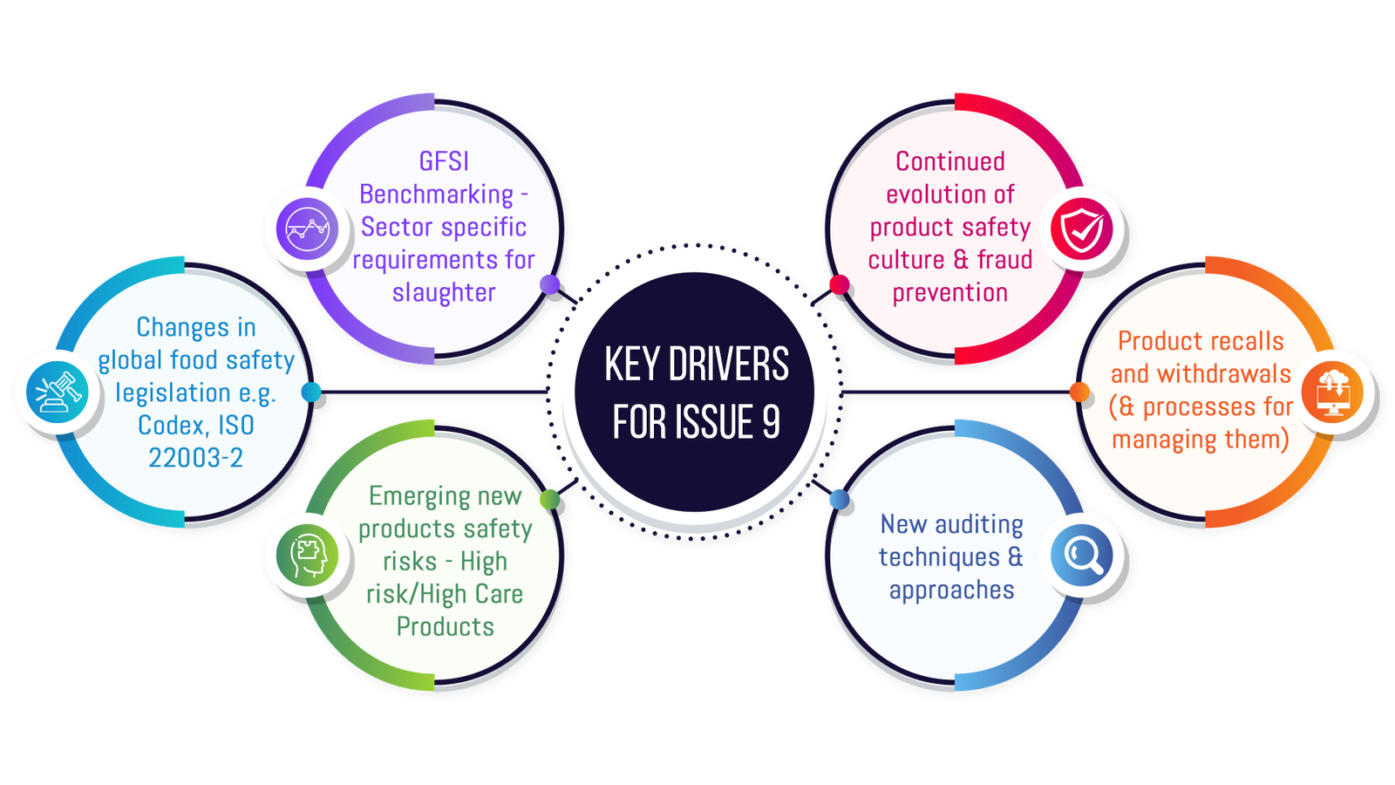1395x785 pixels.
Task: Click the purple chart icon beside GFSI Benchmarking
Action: coord(308,229)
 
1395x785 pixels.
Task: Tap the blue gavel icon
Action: coord(58,392)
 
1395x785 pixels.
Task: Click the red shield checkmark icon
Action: coord(1081,229)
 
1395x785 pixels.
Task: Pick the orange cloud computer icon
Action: coord(1332,392)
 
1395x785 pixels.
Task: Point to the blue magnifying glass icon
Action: coord(1081,555)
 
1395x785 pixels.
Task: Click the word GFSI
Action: coord(444,161)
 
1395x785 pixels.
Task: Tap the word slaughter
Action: coord(444,292)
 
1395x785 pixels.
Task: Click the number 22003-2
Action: coord(195,458)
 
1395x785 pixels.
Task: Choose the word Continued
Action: coord(950,161)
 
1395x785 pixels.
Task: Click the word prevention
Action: coord(950,293)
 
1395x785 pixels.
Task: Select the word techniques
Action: coord(939,557)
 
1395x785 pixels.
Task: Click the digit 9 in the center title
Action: coord(771,422)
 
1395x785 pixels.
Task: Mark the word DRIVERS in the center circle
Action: coord(728,365)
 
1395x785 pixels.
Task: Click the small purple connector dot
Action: coord(550,284)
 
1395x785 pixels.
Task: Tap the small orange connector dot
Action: coord(1079,392)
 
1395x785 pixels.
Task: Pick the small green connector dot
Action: coord(550,499)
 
